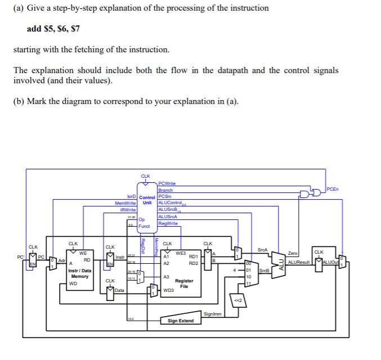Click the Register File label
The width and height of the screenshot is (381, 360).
click(184, 283)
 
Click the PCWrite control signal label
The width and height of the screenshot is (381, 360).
click(168, 184)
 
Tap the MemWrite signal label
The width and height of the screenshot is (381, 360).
click(125, 202)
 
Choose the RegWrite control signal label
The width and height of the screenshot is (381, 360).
click(168, 223)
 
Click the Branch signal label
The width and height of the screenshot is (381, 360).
click(165, 190)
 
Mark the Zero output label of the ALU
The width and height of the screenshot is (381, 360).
click(293, 254)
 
